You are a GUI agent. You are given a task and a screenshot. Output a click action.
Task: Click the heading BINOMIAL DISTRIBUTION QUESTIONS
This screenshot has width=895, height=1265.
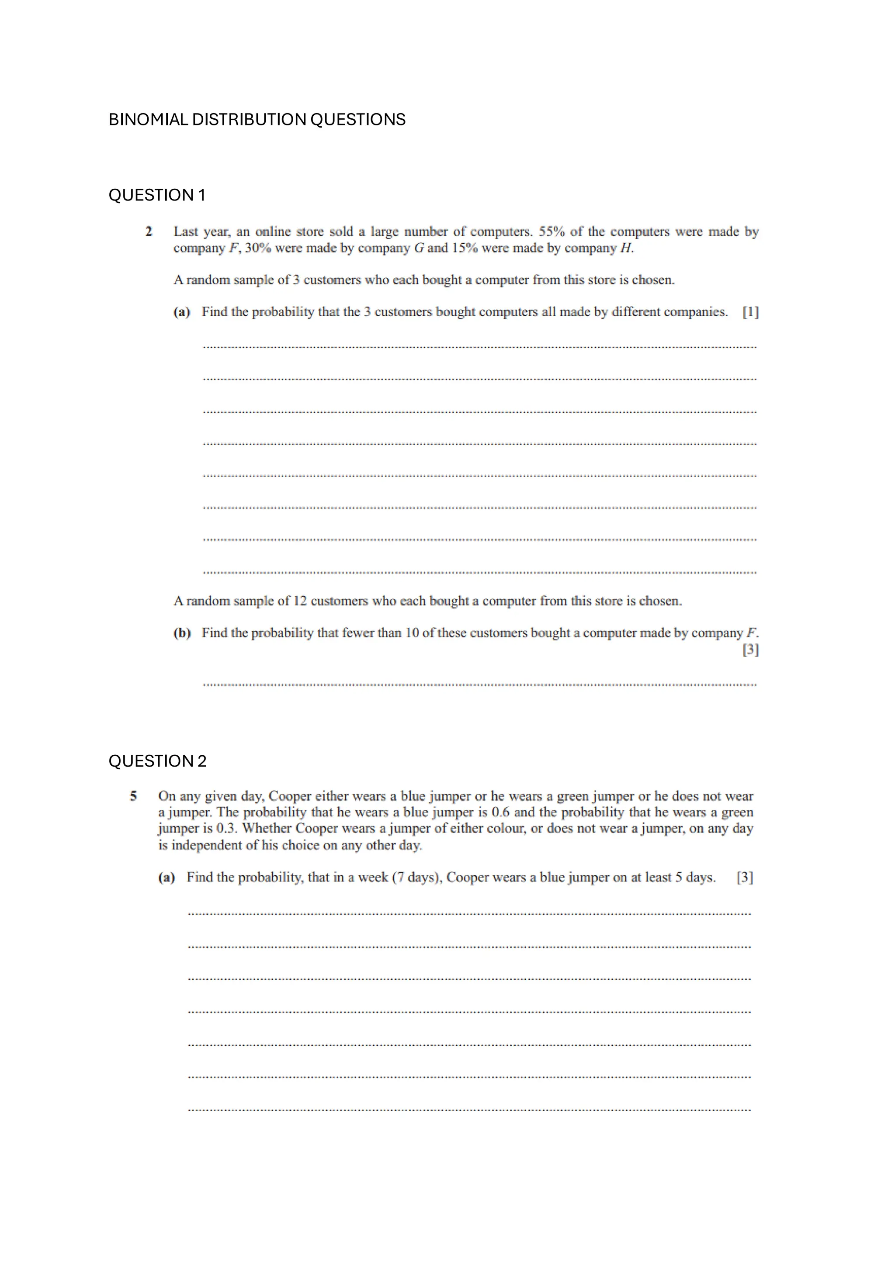[257, 120]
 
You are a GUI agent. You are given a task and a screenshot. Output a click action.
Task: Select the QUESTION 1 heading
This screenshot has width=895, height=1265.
[156, 195]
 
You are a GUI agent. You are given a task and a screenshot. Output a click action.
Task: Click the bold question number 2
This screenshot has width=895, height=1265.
[149, 232]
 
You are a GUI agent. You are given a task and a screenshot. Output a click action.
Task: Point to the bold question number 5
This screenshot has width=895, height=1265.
[133, 796]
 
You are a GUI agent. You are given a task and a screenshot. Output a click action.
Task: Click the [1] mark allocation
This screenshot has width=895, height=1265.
[750, 312]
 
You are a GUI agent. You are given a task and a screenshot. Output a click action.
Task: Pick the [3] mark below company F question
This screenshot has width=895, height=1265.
[750, 650]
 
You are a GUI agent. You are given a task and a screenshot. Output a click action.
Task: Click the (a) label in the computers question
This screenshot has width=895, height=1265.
[182, 312]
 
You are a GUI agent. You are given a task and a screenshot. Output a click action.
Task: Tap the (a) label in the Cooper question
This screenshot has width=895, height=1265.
[167, 877]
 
